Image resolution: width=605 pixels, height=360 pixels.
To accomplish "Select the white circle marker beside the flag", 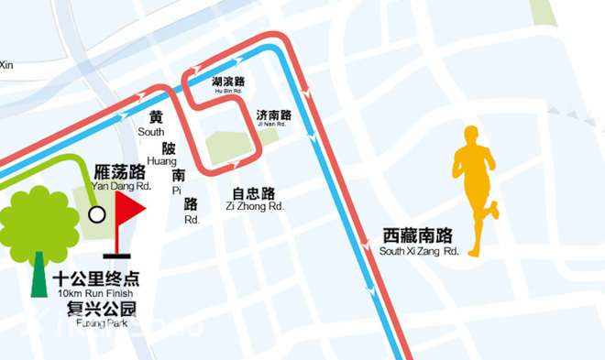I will pos(96,215).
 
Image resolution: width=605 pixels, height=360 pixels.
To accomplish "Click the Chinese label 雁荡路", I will pos(120,171).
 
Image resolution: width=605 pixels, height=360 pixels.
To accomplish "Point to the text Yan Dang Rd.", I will pos(120,187).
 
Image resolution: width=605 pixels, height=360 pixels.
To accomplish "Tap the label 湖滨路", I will pos(228,81).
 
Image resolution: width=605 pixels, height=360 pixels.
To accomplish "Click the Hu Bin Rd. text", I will pos(228,92).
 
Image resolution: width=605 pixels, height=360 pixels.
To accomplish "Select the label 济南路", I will pos(274,115).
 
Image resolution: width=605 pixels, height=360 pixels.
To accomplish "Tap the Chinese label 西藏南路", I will pos(418,235).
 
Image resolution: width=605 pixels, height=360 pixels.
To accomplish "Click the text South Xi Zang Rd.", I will pos(418,250).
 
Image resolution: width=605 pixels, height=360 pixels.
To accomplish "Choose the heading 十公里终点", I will pos(95,279).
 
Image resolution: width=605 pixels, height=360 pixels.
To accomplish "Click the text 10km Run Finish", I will pos(95,293).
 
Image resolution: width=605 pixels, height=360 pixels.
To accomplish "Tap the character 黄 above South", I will pos(156,117).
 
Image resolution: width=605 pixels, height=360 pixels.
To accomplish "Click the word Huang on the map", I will pos(162,161).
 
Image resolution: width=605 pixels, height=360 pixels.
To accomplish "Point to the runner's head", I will pos(472,136).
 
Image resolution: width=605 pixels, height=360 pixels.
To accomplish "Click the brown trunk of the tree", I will pos(39,275).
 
